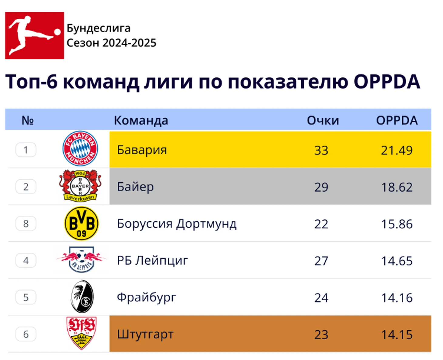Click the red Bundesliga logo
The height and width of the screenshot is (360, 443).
pyautogui.click(x=34, y=35)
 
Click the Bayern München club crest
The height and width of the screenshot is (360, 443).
pyautogui.click(x=80, y=149)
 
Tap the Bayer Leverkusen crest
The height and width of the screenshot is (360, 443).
pyautogui.click(x=80, y=185)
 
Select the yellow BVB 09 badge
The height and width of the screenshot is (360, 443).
pyautogui.click(x=81, y=223)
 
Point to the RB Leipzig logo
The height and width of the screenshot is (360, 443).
pyautogui.click(x=81, y=260)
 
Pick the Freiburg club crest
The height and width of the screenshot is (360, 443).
pyautogui.click(x=82, y=297)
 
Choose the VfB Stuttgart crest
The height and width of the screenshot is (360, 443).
pyautogui.click(x=81, y=333)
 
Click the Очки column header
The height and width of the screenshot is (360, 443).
pyautogui.click(x=323, y=121)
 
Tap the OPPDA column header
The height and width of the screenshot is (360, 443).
pyautogui.click(x=397, y=121)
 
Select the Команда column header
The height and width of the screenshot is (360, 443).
pyautogui.click(x=141, y=121)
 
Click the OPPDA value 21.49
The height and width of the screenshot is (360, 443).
pyautogui.click(x=397, y=150)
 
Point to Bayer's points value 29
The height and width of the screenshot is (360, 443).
pyautogui.click(x=321, y=187)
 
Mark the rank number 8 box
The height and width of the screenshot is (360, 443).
pyautogui.click(x=26, y=224)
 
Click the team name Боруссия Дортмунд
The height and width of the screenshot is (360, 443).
pyautogui.click(x=177, y=224)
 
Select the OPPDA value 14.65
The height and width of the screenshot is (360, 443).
pyautogui.click(x=397, y=261)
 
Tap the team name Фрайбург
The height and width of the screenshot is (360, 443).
pyautogui.click(x=146, y=297)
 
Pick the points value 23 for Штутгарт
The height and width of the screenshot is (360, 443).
pyautogui.click(x=321, y=335)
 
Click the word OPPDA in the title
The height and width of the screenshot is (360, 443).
pyautogui.click(x=387, y=82)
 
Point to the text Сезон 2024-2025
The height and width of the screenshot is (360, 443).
pyautogui.click(x=111, y=43)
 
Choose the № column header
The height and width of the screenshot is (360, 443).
pyautogui.click(x=27, y=121)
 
